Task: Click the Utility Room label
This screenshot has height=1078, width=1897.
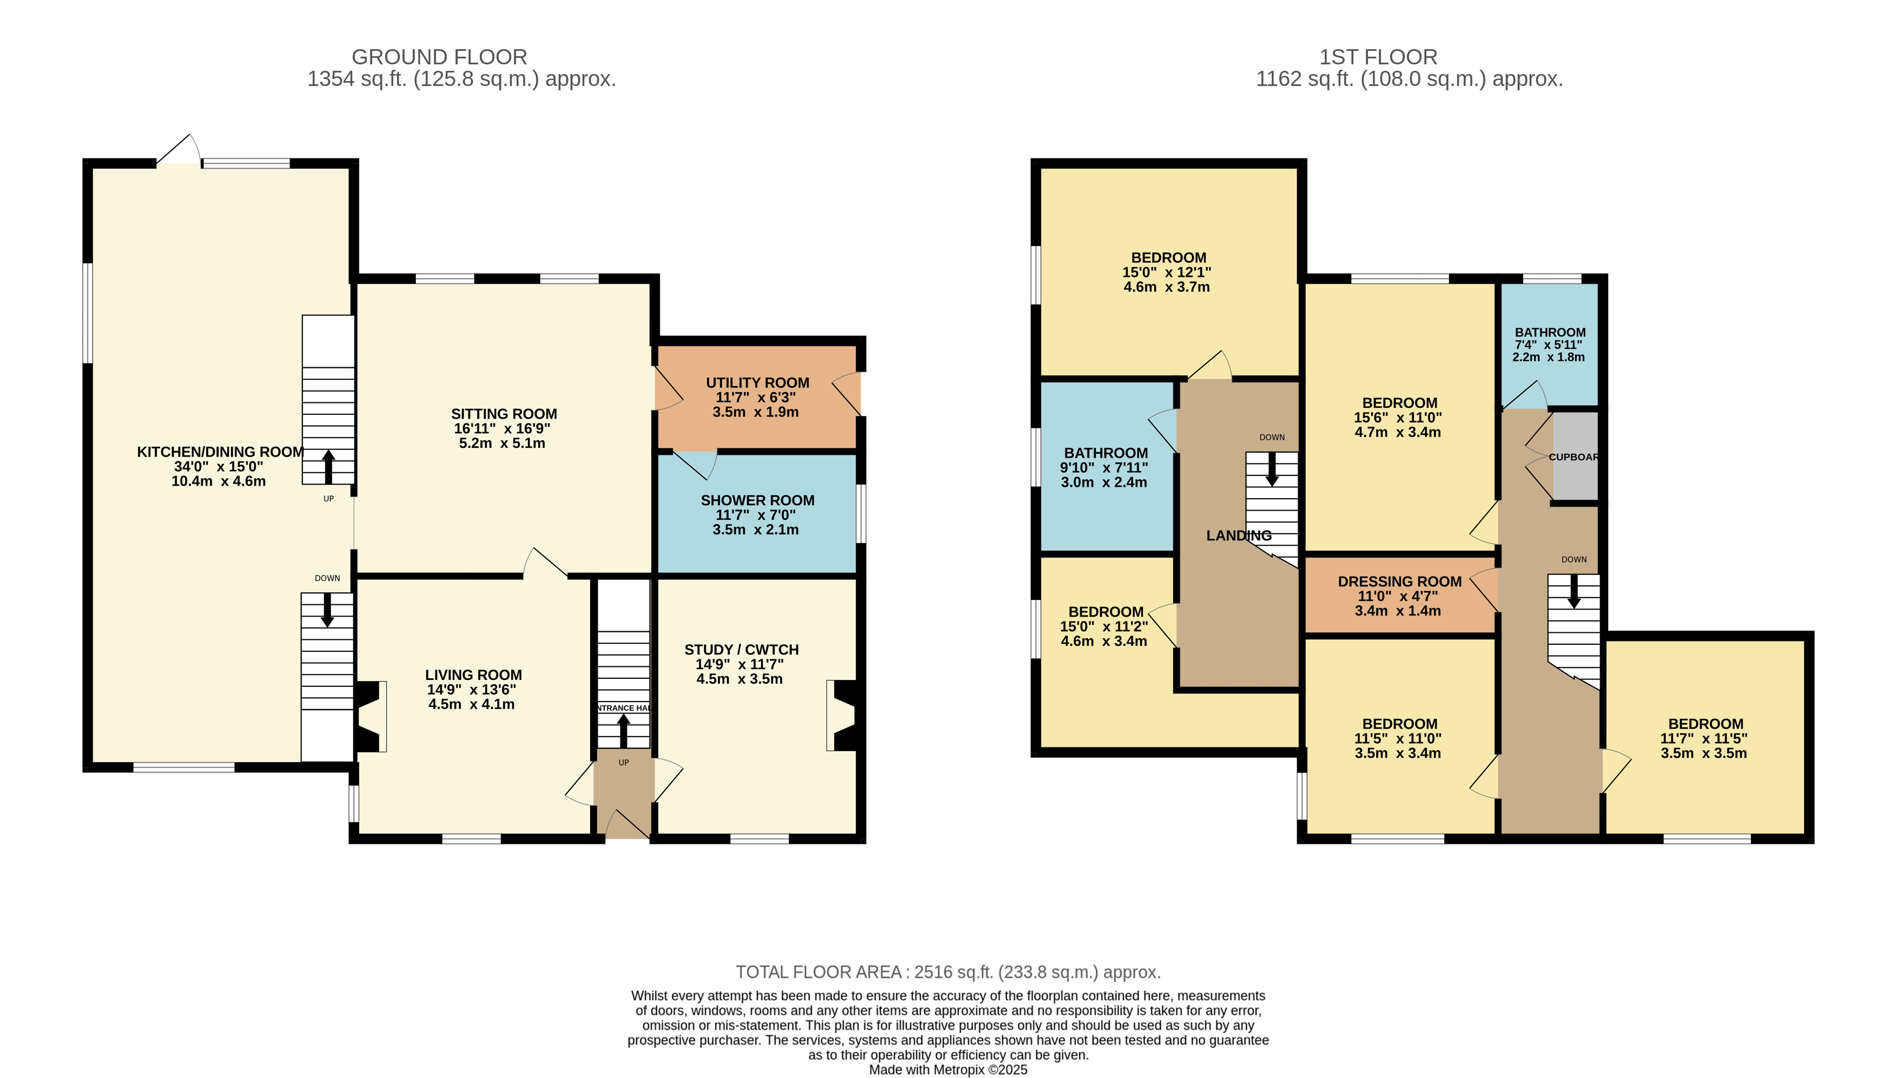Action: [757, 383]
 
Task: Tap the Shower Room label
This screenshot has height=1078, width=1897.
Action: [757, 500]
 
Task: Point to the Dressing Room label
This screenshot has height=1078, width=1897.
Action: [1399, 582]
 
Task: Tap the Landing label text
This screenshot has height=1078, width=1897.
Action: [1239, 535]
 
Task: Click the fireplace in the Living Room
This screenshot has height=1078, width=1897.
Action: [370, 717]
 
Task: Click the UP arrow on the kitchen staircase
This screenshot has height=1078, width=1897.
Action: [328, 466]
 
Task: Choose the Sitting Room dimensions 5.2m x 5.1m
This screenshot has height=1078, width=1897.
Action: [502, 444]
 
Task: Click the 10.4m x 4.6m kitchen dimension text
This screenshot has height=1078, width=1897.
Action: [219, 481]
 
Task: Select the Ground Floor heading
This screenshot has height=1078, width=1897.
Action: [439, 57]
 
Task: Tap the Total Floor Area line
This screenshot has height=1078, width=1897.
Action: [948, 972]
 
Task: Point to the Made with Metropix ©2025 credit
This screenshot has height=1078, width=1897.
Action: [948, 1070]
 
